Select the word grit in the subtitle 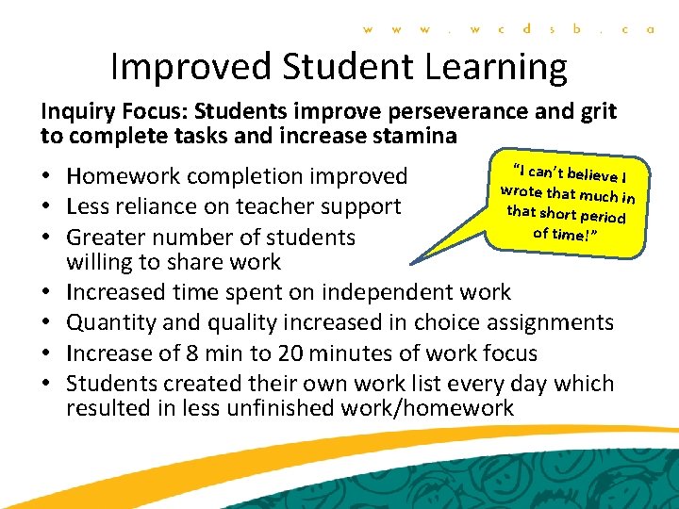[597, 112]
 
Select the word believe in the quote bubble [590, 176]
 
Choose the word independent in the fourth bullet [362, 292]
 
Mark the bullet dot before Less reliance [47, 207]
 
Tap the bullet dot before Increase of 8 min [47, 354]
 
